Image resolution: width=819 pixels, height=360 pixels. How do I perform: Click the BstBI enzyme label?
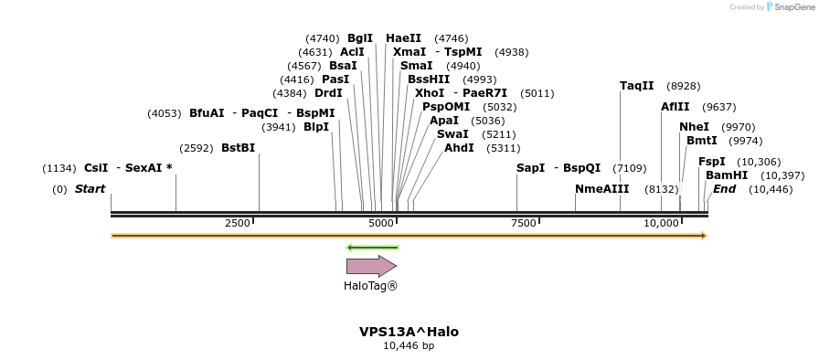click(x=238, y=148)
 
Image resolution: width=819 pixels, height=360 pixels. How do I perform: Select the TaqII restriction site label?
click(x=637, y=86)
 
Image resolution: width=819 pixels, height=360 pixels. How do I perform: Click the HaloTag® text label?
click(x=370, y=286)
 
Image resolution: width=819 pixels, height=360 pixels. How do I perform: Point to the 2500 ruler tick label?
click(x=237, y=224)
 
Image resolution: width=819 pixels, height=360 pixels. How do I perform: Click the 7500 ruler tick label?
click(x=524, y=224)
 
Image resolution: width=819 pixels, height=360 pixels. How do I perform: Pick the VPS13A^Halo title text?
click(x=409, y=332)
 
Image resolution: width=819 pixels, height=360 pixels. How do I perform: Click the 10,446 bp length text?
click(x=409, y=345)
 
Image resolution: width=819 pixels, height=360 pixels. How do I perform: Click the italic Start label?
click(x=90, y=189)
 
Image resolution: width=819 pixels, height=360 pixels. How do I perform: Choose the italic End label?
click(x=724, y=189)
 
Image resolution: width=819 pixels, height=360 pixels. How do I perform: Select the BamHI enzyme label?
click(x=727, y=175)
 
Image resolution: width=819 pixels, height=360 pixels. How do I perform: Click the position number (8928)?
click(x=684, y=86)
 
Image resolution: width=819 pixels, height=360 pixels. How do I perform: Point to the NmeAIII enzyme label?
click(x=601, y=189)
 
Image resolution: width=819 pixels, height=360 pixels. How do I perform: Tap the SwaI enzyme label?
click(x=452, y=134)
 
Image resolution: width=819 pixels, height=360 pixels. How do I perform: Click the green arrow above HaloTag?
click(x=372, y=247)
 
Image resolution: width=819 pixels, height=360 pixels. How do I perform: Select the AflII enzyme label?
click(x=675, y=107)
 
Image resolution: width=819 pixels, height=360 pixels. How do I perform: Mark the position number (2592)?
click(x=197, y=148)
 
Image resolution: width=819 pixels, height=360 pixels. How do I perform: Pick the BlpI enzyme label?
click(x=316, y=127)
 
